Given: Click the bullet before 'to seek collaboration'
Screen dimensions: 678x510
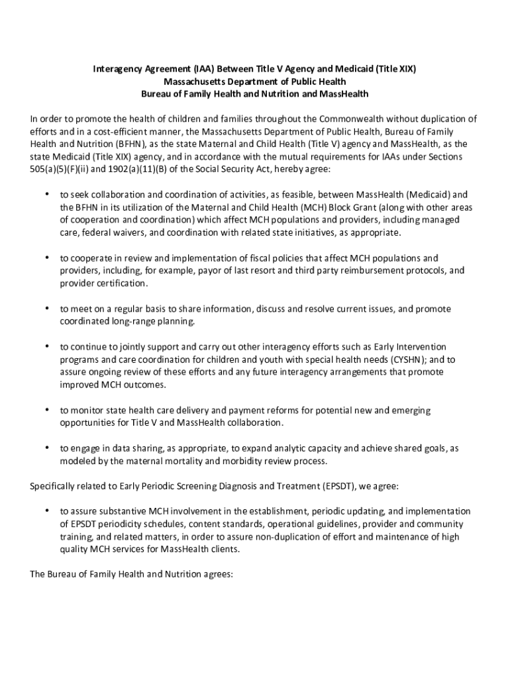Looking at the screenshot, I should point(46,195).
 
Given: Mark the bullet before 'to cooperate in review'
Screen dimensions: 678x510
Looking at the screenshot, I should point(46,258).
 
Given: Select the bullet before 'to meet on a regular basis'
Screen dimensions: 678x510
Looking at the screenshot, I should point(46,309).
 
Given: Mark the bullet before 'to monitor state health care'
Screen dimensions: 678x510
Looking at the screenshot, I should point(46,410).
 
